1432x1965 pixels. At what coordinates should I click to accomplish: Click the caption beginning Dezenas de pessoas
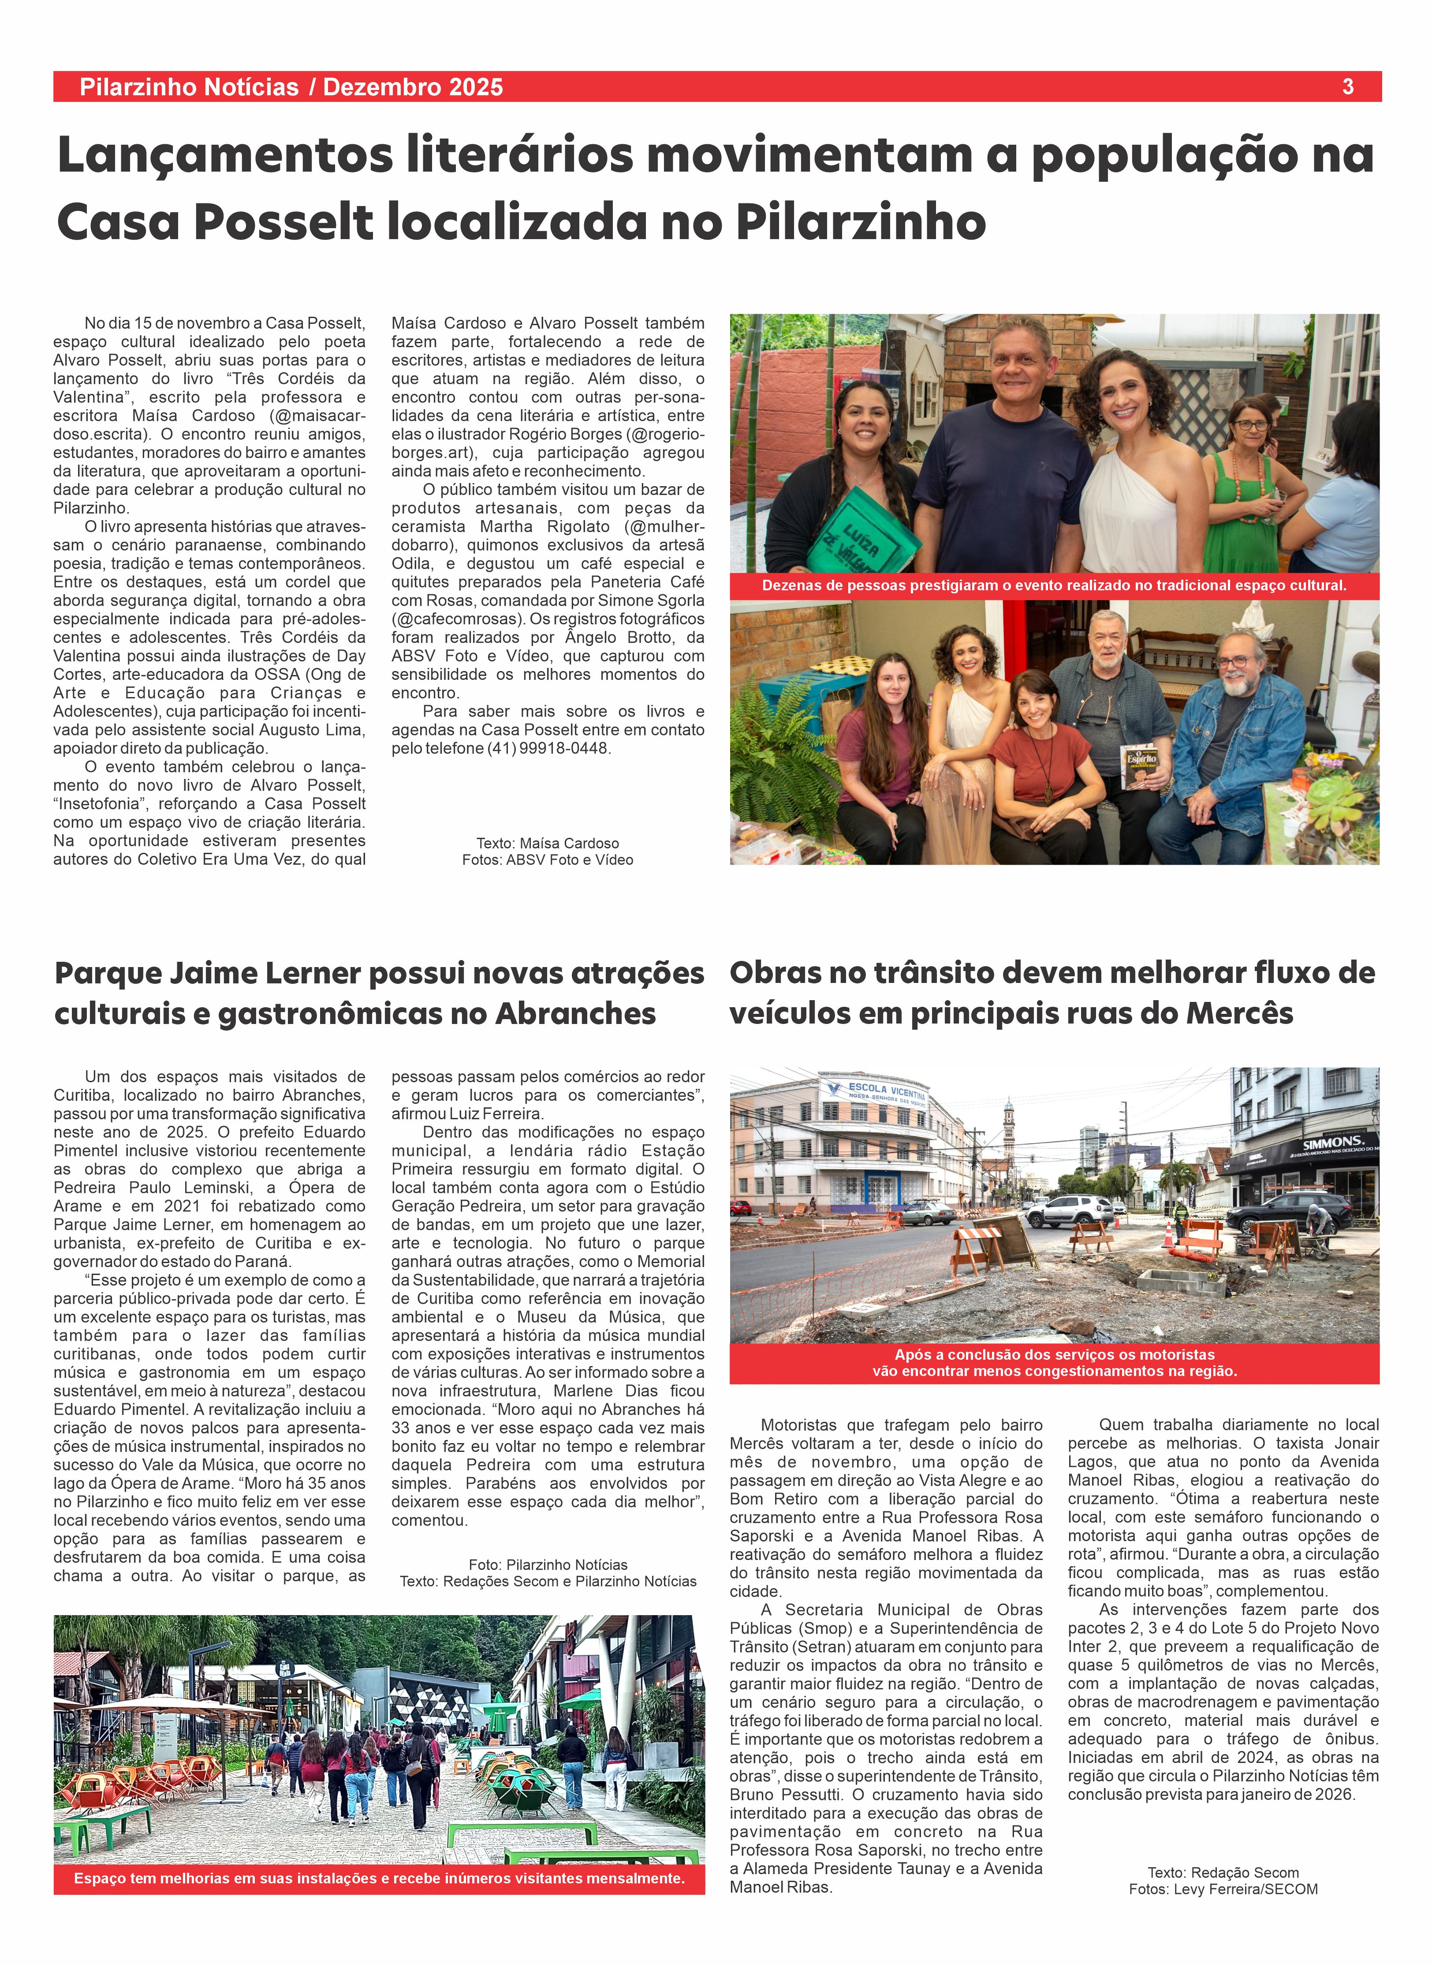1054,585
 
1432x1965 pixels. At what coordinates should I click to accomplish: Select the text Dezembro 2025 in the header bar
413,87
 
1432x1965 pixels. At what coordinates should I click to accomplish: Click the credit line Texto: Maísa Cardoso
548,843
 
